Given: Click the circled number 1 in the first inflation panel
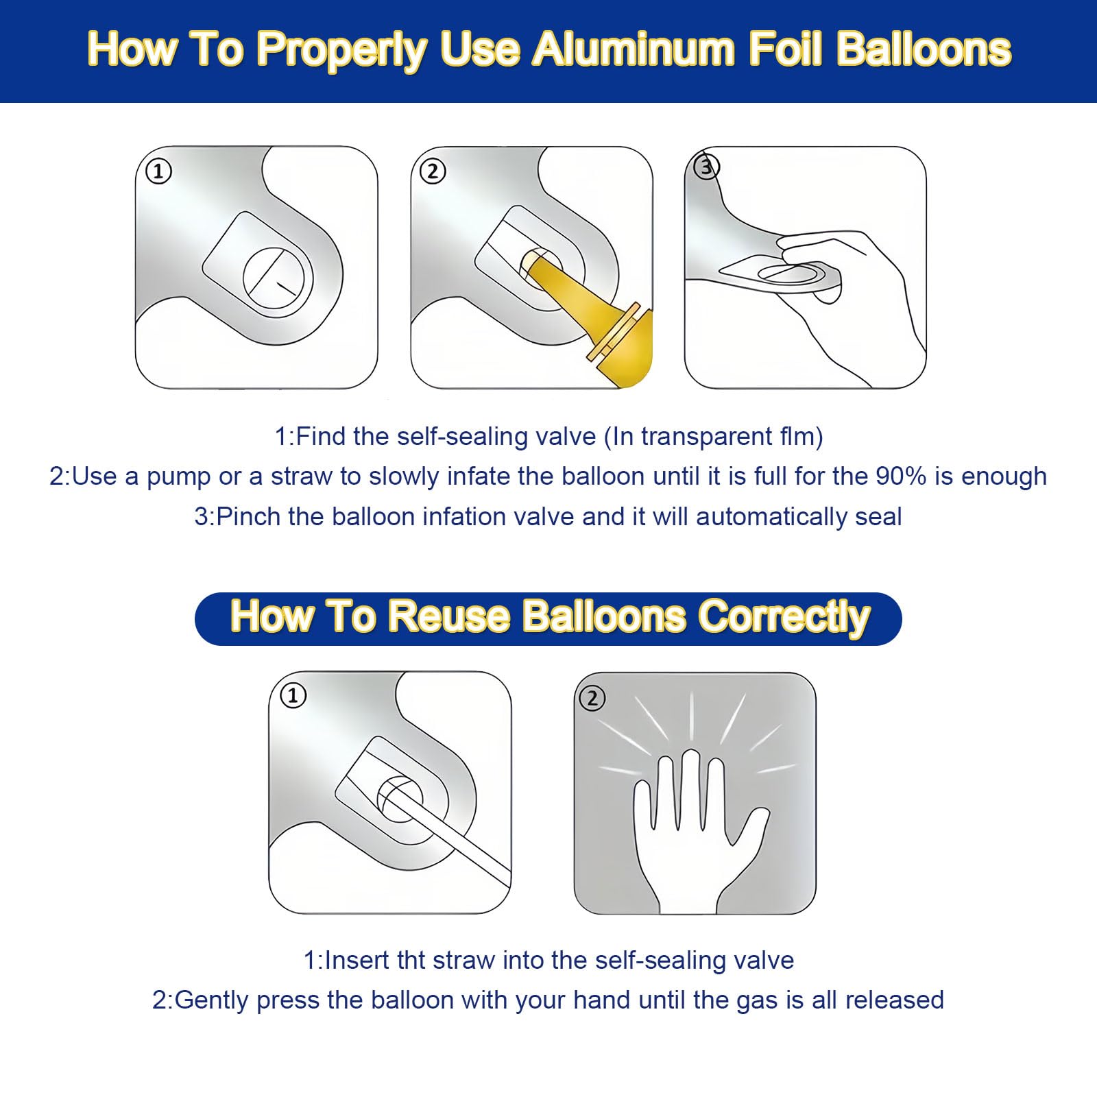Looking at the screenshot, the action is pyautogui.click(x=158, y=171).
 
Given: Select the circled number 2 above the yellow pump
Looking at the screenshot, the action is pyautogui.click(x=433, y=171).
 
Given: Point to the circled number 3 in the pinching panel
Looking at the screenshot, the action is pyautogui.click(x=706, y=167).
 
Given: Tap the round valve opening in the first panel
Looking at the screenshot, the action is pyautogui.click(x=278, y=280).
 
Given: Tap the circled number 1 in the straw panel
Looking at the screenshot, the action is pyautogui.click(x=293, y=696).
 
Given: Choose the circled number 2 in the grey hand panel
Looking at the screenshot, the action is pyautogui.click(x=592, y=699).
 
